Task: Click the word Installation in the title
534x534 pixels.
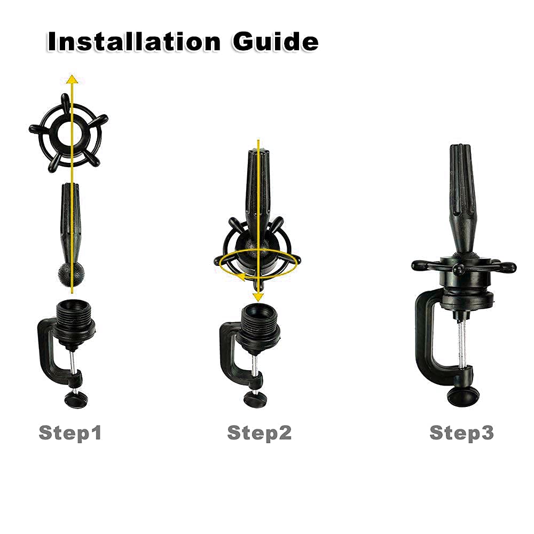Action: [x=134, y=42]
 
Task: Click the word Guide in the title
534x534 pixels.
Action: [x=276, y=42]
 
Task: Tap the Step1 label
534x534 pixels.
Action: [x=70, y=433]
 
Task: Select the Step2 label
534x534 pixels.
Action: [x=259, y=433]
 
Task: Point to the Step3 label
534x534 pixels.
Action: [x=461, y=433]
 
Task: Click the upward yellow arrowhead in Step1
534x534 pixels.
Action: [x=72, y=79]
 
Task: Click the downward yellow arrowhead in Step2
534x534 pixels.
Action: [x=258, y=296]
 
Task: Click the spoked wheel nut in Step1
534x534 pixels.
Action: [x=68, y=133]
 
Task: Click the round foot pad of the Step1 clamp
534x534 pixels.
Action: [x=76, y=399]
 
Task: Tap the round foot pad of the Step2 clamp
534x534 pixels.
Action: [x=256, y=398]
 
